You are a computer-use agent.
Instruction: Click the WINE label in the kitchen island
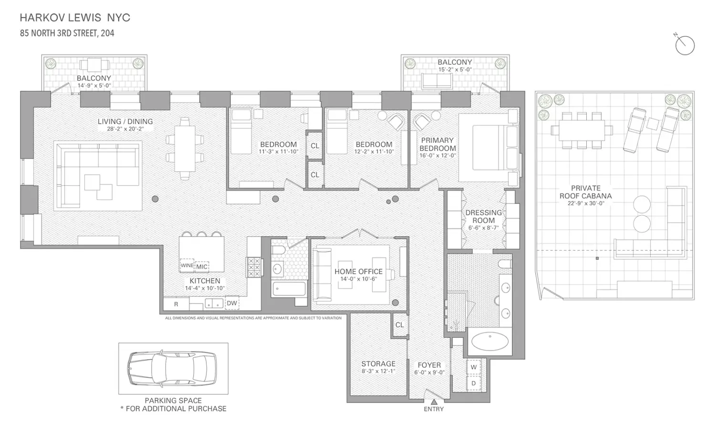(187, 265)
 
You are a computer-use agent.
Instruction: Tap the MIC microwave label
(202, 267)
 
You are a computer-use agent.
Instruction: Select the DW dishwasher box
(232, 303)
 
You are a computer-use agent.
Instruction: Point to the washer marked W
(473, 367)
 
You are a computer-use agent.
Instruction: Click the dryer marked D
(473, 383)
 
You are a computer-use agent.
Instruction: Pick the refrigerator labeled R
(176, 304)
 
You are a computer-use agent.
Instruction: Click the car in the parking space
(172, 368)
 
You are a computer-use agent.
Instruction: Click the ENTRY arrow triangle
(434, 402)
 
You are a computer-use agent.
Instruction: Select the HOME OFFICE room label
(358, 272)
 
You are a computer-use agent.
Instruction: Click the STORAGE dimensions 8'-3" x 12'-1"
(378, 371)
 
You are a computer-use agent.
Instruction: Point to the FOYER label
(429, 365)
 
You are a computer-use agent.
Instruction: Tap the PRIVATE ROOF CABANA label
(586, 192)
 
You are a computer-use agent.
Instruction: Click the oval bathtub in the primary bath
(490, 342)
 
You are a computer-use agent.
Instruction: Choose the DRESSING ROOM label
(484, 216)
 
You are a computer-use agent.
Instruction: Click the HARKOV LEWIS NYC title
(75, 18)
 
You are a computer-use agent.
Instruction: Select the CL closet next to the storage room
(399, 325)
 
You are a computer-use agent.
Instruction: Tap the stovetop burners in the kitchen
(254, 267)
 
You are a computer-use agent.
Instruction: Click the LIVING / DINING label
(125, 121)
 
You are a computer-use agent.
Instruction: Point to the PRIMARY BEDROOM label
(437, 144)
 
